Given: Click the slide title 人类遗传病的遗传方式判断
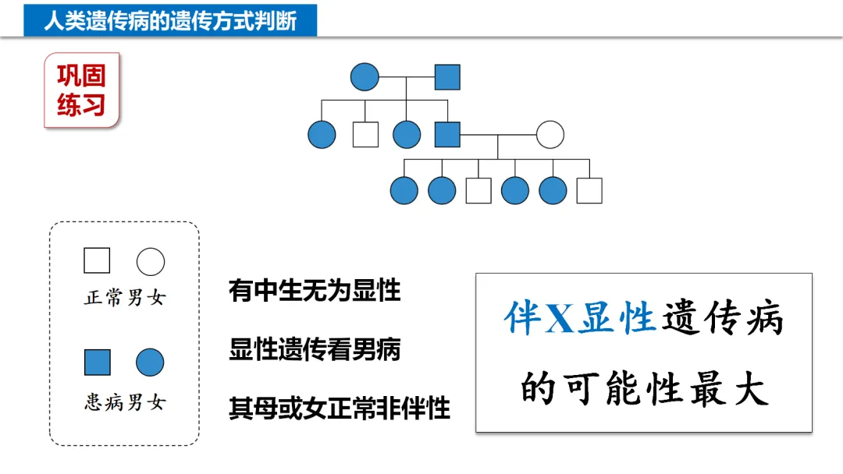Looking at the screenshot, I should pos(170,19).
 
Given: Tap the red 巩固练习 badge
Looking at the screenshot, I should pos(81,90).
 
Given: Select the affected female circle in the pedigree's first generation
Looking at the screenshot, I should pos(365,77).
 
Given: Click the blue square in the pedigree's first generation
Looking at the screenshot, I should pos(447,77).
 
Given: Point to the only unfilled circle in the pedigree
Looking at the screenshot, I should pos(550,134).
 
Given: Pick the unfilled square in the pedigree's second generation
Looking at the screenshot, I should pos(365,134).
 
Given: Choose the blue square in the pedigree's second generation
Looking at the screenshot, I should pos(447,134).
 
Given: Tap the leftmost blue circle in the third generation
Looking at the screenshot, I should pos(404,190).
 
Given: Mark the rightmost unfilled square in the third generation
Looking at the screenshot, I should pos(589,190).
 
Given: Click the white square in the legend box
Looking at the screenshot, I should pos(97,260).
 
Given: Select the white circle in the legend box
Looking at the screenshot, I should pos(151,262).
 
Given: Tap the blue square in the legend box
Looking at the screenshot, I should pos(97,362).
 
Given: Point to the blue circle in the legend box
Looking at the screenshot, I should pos(150,363).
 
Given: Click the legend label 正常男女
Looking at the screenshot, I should pos(125,298).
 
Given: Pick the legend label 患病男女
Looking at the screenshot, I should pos(125,402).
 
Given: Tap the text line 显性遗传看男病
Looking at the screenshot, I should pos(315,349).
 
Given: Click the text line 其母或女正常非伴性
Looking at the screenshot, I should pos(340,408).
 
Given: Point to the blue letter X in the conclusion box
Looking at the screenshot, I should pos(559,320).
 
